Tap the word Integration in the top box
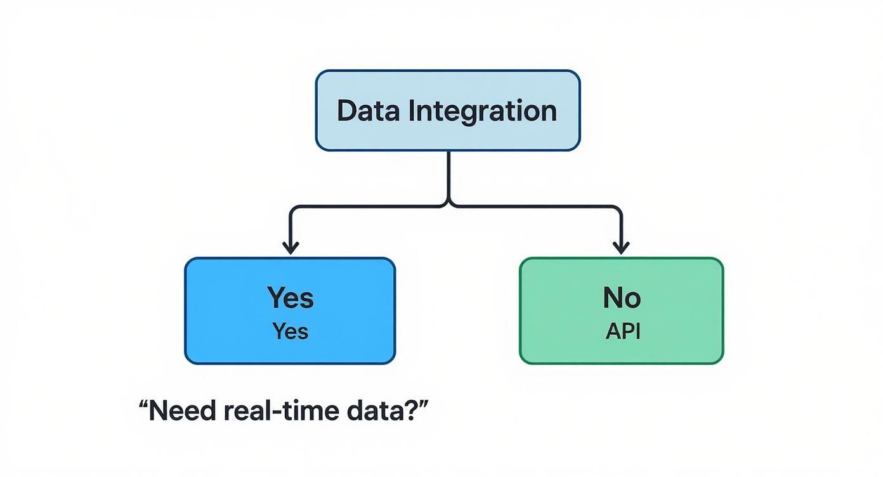[x=481, y=112]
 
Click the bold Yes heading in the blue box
[x=290, y=297]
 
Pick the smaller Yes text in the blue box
[x=290, y=331]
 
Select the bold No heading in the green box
[x=621, y=297]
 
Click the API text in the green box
[x=622, y=331]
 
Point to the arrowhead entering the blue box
[x=291, y=247]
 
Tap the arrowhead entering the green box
[x=621, y=247]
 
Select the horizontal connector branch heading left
[x=368, y=206]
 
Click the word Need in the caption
[x=184, y=412]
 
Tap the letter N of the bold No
[x=612, y=297]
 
